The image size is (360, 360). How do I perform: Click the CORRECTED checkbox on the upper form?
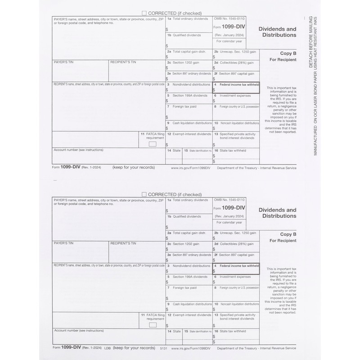tap(144, 13)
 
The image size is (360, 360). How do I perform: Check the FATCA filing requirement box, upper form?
tap(153, 144)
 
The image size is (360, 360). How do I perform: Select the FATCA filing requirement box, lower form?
tap(153, 324)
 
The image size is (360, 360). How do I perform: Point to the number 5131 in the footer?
tap(162, 348)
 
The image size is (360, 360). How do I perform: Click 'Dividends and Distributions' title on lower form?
tap(277, 212)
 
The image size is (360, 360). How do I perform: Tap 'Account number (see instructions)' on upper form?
tap(78, 150)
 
